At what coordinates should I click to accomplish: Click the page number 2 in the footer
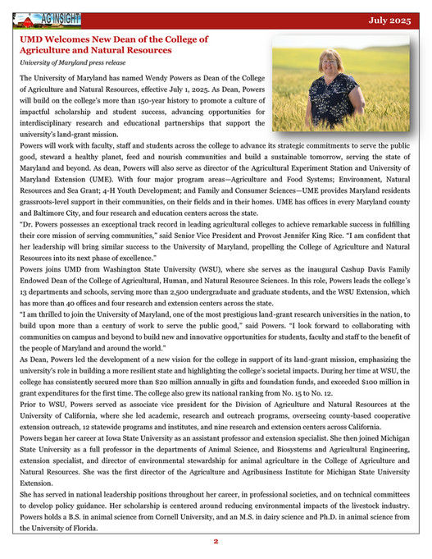tap(216, 542)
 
